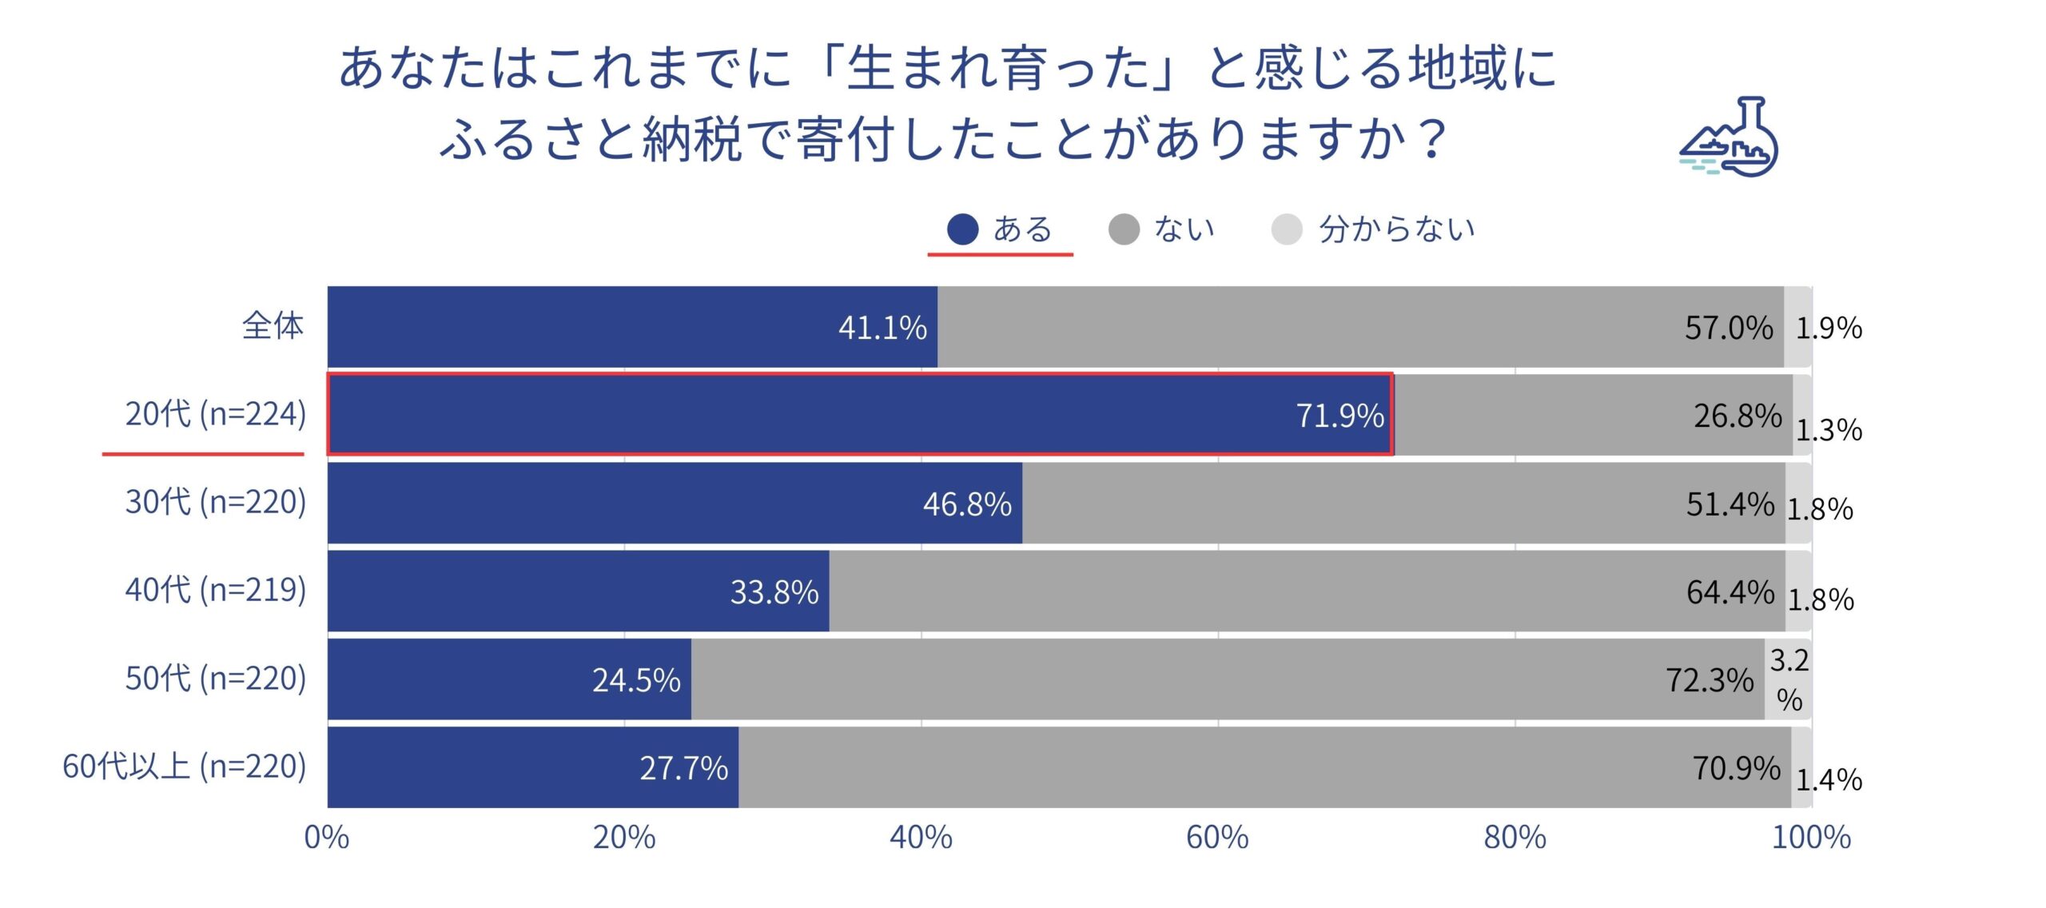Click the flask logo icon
pyautogui.click(x=1731, y=137)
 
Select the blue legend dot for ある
pyautogui.click(x=962, y=229)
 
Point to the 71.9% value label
pyautogui.click(x=1339, y=416)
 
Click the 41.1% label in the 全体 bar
pyautogui.click(x=882, y=328)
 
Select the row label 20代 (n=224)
pyautogui.click(x=216, y=414)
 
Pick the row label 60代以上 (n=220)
pyautogui.click(x=185, y=767)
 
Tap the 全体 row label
pyautogui.click(x=273, y=326)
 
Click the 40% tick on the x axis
pyautogui.click(x=921, y=838)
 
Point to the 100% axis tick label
pyautogui.click(x=1811, y=838)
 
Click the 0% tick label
pyautogui.click(x=327, y=838)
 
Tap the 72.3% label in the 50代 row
pyautogui.click(x=1710, y=680)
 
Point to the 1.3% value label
pyautogui.click(x=1829, y=431)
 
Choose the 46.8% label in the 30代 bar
pyautogui.click(x=967, y=504)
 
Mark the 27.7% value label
pyautogui.click(x=683, y=768)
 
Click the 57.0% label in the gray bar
pyautogui.click(x=1729, y=328)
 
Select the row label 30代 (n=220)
pyautogui.click(x=216, y=502)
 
